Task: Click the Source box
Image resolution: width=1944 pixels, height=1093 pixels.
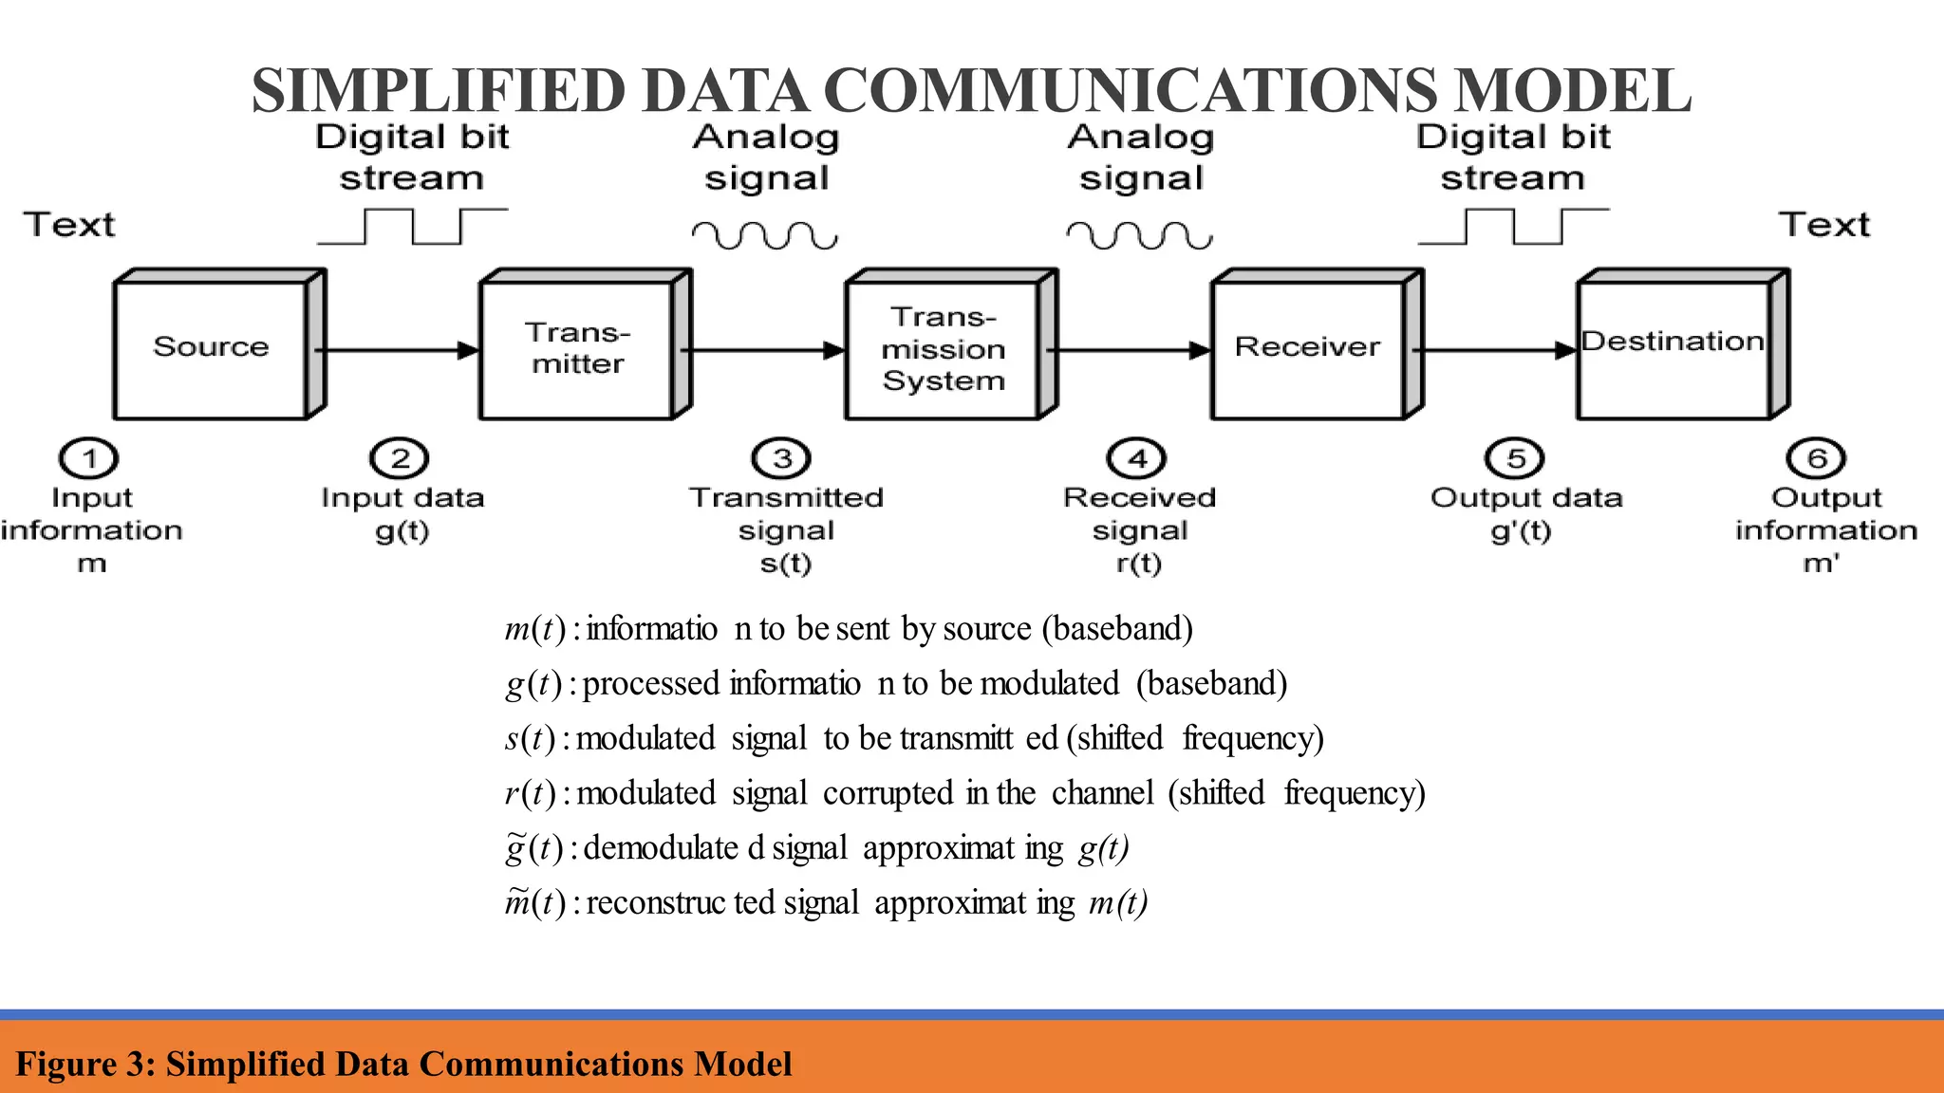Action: point(212,347)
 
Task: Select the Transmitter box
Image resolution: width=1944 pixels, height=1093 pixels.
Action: point(577,348)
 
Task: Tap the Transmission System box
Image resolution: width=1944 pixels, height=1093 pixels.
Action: point(944,348)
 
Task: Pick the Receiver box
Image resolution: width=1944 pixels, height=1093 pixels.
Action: point(1308,347)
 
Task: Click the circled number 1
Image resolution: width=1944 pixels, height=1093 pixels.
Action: point(88,459)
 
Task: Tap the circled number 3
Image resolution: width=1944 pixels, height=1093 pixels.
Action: point(781,459)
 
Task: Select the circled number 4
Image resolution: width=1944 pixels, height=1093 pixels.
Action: point(1137,459)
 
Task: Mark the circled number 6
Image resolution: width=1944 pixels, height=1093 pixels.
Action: point(1816,459)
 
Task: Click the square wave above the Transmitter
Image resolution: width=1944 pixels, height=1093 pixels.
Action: point(413,227)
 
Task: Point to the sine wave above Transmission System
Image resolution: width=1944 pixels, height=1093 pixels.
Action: point(765,234)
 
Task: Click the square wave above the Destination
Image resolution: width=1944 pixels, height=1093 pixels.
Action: point(1514,227)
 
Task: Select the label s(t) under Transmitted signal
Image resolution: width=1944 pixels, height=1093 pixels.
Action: point(786,564)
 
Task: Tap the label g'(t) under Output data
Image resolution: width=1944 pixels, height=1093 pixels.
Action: point(1521,530)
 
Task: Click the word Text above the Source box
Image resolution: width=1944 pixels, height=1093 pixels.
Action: point(69,225)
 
